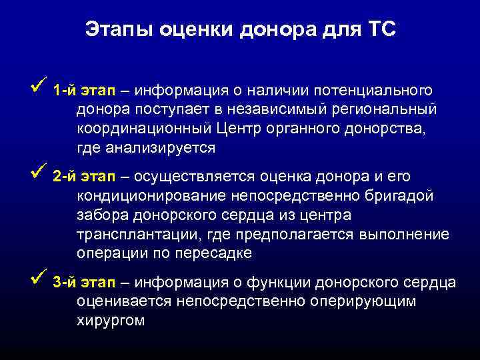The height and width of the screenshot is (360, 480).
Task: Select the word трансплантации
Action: tap(137, 235)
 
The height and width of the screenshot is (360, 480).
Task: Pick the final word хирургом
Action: tap(111, 321)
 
